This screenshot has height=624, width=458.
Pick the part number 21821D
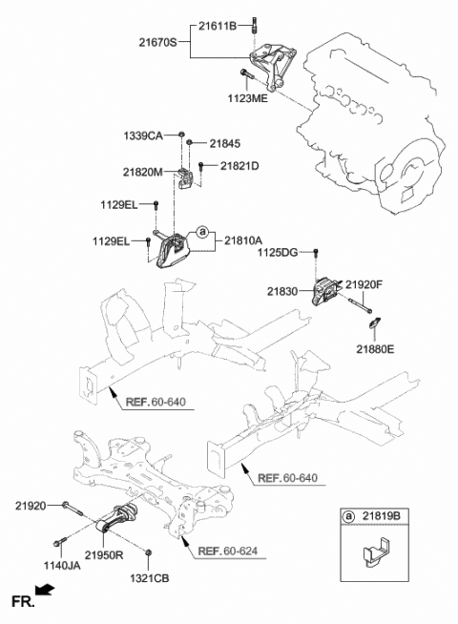[239, 166]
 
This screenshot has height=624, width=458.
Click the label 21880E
[374, 349]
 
